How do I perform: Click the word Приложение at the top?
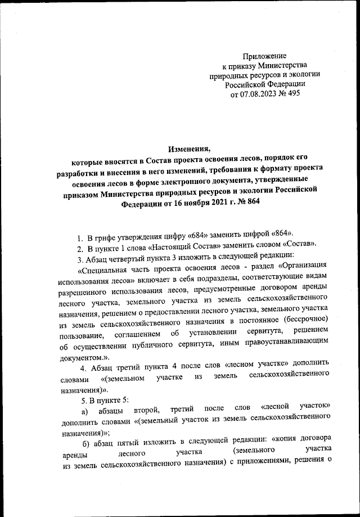[264, 56]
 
